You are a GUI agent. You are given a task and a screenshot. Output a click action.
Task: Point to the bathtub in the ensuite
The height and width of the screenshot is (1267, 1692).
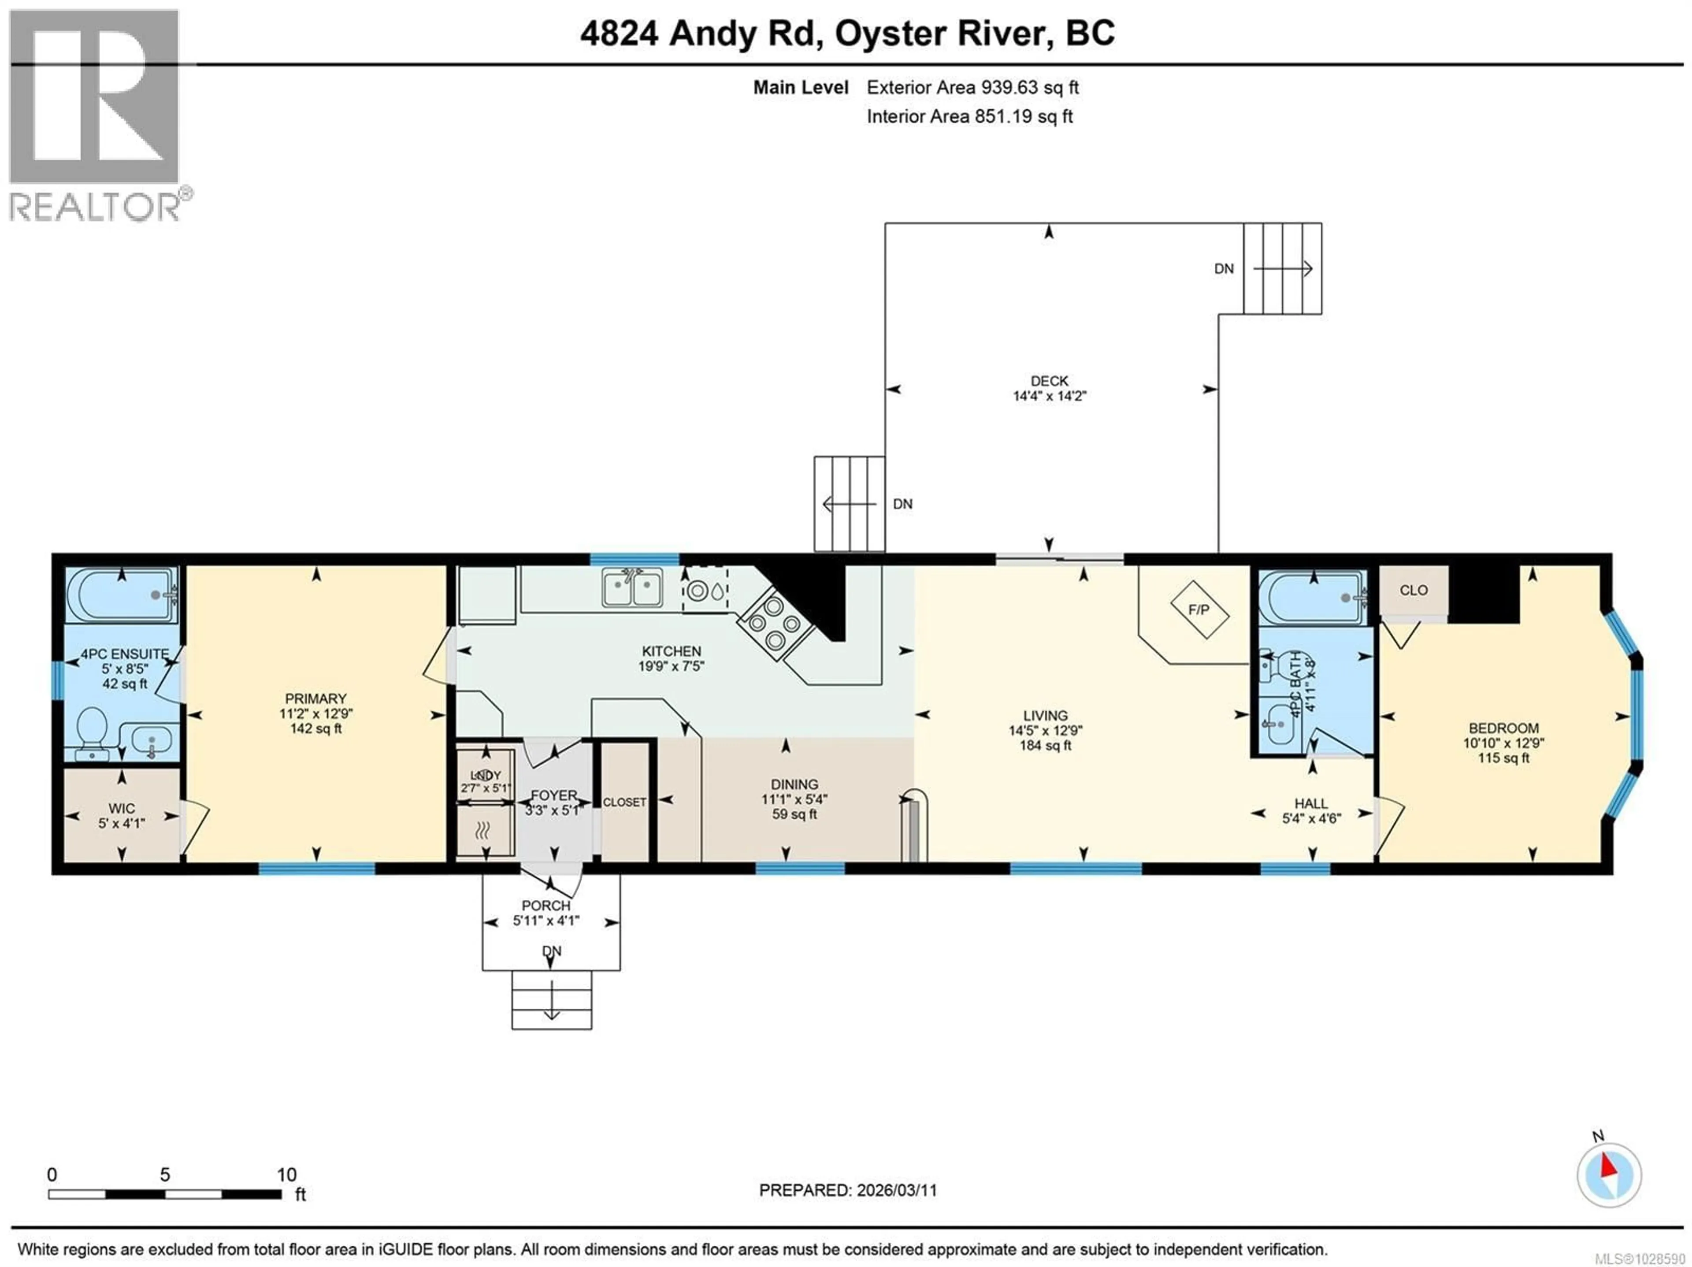coord(122,594)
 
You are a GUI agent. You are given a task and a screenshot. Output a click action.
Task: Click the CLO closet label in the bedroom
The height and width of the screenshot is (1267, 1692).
coord(1414,590)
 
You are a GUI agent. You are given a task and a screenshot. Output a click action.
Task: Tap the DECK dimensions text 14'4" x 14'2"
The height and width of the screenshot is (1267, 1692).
coord(1050,396)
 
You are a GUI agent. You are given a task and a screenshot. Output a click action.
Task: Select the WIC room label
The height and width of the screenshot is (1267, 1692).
coord(122,808)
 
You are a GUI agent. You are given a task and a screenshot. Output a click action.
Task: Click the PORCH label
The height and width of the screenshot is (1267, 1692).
coord(546,905)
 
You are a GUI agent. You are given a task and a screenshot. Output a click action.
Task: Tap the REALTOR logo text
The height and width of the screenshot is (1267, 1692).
coord(96,207)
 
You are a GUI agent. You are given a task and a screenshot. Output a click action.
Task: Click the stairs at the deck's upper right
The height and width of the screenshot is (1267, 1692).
coord(1283,268)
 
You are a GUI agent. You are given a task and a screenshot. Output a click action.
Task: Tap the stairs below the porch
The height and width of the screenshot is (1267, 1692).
coord(552,999)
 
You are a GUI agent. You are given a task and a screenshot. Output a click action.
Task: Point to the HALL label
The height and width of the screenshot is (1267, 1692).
coord(1310,803)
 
